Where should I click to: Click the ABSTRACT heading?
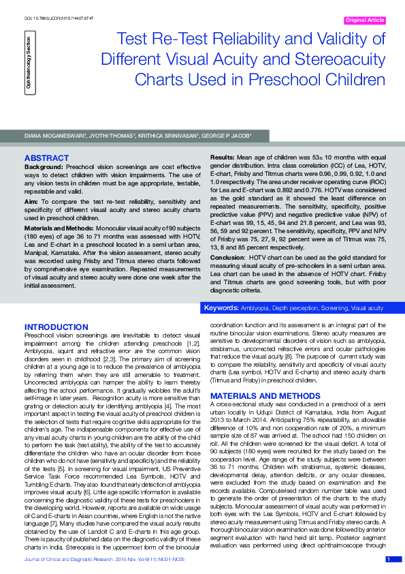point(46,158)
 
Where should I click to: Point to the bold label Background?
point(44,166)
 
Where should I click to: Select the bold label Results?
point(223,157)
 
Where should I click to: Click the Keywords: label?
point(221,309)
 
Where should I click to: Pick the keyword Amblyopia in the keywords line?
point(253,309)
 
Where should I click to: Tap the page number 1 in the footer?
point(389,560)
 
